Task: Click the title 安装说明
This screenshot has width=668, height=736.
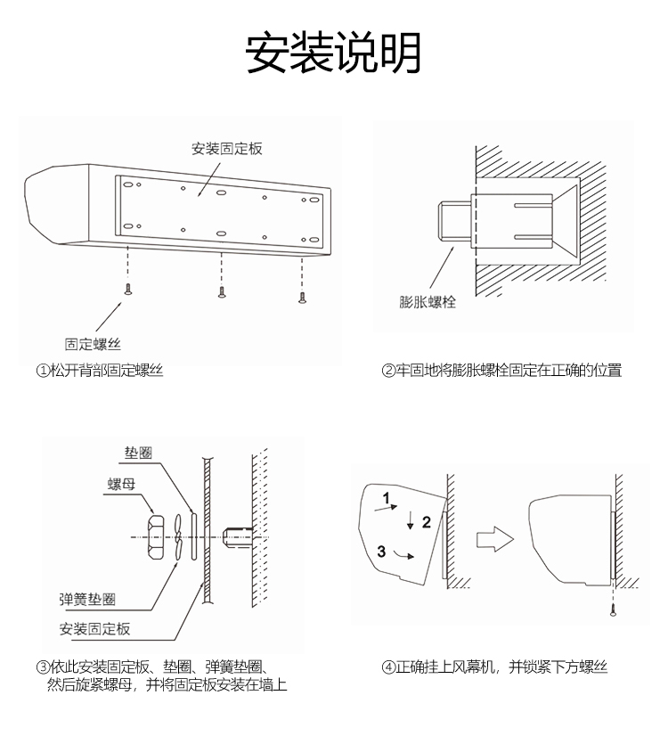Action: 334,54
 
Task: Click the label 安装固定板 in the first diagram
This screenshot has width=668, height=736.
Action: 227,149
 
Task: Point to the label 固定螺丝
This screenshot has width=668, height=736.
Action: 93,343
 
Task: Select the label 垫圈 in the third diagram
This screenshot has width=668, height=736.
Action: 138,453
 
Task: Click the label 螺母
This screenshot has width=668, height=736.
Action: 120,484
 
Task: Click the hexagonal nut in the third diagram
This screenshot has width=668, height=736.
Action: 155,536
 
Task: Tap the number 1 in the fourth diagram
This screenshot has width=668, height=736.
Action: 387,496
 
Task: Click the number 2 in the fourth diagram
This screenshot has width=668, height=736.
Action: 426,521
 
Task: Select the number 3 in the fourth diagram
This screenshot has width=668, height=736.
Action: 382,551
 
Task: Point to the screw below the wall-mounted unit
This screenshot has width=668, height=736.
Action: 614,609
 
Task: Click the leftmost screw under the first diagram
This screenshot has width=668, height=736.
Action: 129,290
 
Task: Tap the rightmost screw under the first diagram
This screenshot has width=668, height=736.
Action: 302,296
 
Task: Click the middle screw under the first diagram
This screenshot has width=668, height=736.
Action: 221,291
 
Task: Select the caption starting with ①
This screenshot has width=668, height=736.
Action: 100,371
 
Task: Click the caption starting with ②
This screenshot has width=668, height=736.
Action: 501,371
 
